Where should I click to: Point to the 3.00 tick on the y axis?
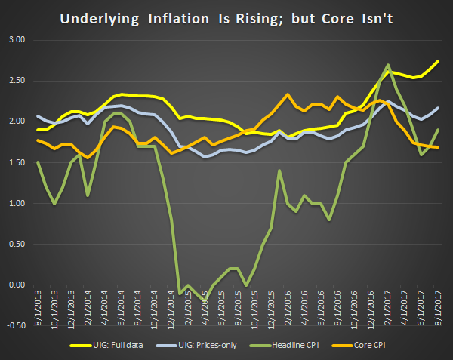[x=15, y=39]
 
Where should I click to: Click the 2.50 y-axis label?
[x=15, y=81]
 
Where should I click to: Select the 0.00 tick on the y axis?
[x=15, y=285]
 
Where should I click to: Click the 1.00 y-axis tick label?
[x=15, y=204]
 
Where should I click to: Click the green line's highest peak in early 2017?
[x=388, y=65]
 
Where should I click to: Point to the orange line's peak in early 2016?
[x=288, y=94]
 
